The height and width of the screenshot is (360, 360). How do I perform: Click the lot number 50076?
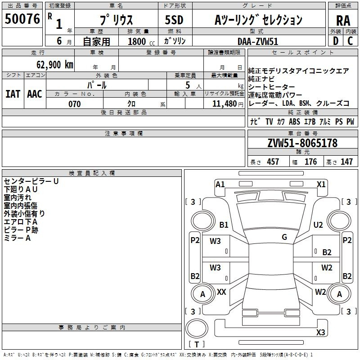22,19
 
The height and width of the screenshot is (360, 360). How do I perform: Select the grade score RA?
343,21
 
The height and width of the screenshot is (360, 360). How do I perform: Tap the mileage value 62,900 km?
55,65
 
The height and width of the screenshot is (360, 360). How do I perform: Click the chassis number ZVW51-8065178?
302,143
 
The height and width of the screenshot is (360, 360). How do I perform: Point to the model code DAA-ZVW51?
257,41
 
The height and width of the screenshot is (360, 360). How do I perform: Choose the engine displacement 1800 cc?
141,41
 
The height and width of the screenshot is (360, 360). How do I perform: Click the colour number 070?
74,104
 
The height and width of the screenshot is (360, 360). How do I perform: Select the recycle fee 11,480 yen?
228,104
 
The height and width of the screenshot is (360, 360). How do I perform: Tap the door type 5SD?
174,20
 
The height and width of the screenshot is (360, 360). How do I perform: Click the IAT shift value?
13,94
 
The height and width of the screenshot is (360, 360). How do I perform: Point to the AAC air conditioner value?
35,94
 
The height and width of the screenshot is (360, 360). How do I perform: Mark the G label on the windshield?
284,237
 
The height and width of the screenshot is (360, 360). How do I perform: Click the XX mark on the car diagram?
221,292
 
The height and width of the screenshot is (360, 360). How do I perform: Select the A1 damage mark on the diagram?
220,184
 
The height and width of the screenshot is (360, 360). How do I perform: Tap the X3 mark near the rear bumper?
320,332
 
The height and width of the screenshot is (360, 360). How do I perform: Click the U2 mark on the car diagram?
318,225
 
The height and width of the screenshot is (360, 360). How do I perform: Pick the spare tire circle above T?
197,328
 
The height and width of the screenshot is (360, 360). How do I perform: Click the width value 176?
310,162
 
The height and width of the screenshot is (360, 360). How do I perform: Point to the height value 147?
346,162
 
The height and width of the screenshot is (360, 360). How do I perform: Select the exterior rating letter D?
336,41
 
